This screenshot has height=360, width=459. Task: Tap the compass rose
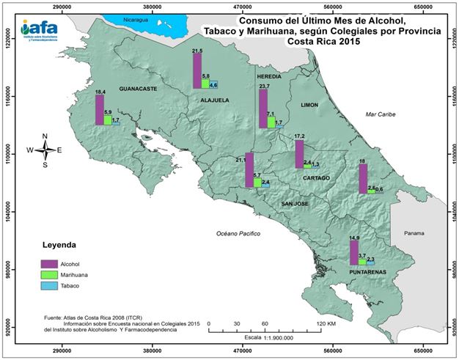[x=45, y=150]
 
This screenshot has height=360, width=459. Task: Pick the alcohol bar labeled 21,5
[x=197, y=71]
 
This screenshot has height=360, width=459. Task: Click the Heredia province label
[x=270, y=77]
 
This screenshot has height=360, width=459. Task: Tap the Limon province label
[x=309, y=106]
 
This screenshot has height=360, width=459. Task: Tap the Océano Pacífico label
[x=239, y=232]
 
